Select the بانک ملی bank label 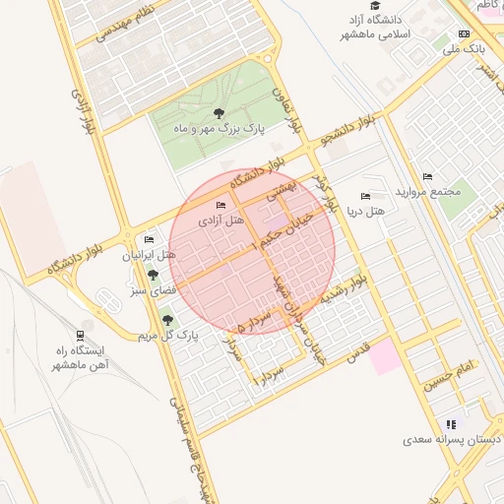point(462,47)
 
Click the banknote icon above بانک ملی point(465,33)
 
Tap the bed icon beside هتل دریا point(367,196)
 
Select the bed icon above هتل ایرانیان point(149,239)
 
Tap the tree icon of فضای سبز point(153,275)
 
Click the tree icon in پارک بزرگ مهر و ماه point(218,114)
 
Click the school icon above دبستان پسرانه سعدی point(451,424)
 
